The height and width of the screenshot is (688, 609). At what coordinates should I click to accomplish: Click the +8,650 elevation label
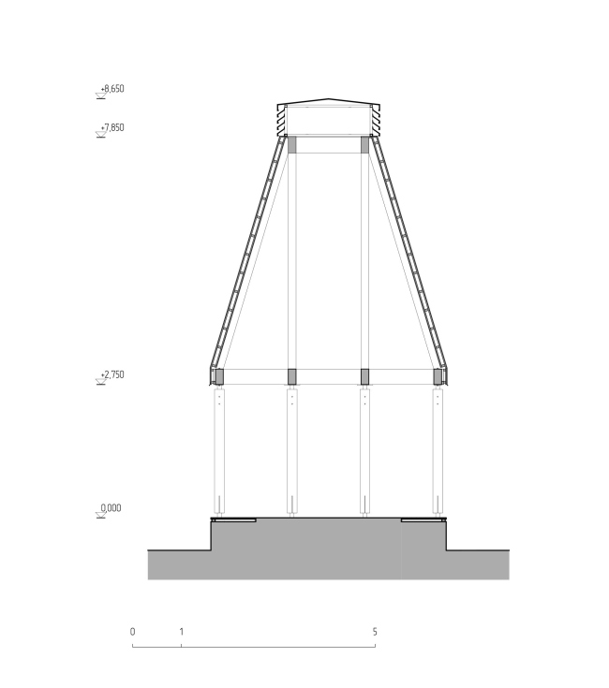[x=112, y=89]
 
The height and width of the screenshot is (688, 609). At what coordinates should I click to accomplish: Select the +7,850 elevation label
[x=112, y=127]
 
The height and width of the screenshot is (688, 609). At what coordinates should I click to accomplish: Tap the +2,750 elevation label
[x=112, y=374]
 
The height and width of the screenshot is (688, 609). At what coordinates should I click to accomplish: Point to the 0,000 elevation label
[x=111, y=508]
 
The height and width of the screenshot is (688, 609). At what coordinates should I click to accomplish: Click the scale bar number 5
[x=375, y=632]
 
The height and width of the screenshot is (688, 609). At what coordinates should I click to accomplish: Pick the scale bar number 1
[x=181, y=632]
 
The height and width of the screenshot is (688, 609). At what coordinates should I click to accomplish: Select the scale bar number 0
[x=133, y=632]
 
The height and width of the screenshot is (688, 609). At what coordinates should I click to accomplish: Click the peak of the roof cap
[x=329, y=98]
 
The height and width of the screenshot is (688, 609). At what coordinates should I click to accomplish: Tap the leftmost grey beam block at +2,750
[x=219, y=376]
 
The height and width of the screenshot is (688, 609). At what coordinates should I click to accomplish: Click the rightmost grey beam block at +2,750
[x=438, y=376]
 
